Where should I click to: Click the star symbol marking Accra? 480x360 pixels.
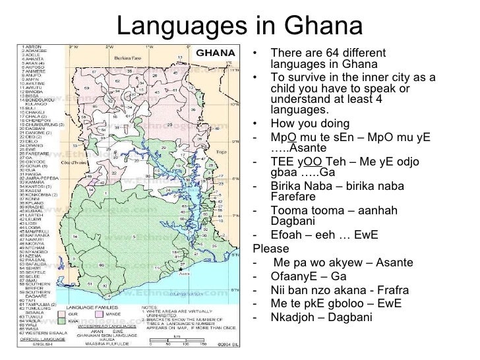tap(180, 270)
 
